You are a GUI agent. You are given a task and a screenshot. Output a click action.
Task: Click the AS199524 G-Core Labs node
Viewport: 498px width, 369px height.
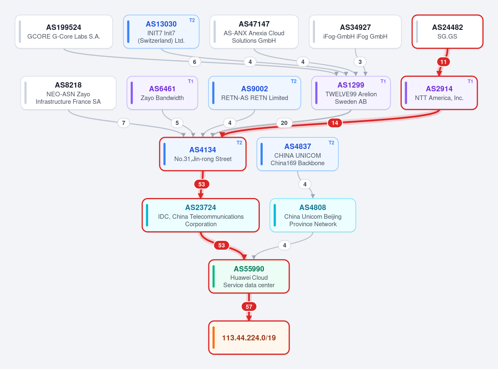[x=64, y=32]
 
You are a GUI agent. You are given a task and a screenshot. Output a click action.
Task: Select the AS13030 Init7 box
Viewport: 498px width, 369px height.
[x=161, y=32]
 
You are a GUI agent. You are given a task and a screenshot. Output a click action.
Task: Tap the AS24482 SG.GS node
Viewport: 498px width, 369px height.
[x=447, y=32]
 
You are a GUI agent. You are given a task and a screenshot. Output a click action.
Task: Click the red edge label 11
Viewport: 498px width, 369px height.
[x=444, y=62]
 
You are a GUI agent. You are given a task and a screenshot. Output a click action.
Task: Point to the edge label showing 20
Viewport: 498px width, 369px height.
[x=284, y=123]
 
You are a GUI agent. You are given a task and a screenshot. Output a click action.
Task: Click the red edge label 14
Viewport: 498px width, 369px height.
[x=335, y=123]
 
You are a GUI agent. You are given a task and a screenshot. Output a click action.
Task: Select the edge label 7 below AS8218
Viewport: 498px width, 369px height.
[x=124, y=123]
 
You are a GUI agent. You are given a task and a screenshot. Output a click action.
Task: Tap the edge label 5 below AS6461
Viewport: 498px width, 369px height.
[x=177, y=123]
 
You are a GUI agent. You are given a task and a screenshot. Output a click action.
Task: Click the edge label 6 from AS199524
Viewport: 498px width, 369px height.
[x=195, y=62]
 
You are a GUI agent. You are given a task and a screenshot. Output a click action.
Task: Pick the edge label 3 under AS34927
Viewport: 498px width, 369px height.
[x=360, y=62]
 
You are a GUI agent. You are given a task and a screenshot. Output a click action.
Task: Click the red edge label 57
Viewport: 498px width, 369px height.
[x=249, y=307]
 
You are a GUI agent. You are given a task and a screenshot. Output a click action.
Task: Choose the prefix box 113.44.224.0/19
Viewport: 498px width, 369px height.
[x=249, y=337]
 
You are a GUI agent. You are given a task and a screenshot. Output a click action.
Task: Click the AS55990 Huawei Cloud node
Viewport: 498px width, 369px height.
[x=249, y=276]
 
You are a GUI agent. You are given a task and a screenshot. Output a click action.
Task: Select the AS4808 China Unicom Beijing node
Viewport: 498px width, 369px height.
[x=313, y=215]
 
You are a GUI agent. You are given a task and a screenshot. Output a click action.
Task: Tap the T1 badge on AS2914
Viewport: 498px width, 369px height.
[x=470, y=81]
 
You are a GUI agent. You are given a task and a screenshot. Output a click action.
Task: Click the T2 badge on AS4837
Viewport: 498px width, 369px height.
[x=332, y=143]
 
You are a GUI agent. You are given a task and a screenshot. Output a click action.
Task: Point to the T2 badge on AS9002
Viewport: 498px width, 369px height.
[x=294, y=81]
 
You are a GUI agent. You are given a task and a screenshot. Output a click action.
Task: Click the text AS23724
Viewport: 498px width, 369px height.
[x=200, y=207]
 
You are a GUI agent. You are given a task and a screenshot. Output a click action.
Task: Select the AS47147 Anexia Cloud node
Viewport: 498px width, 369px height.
[x=254, y=32]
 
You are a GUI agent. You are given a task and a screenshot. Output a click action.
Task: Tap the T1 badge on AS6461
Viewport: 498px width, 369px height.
[x=190, y=81]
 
